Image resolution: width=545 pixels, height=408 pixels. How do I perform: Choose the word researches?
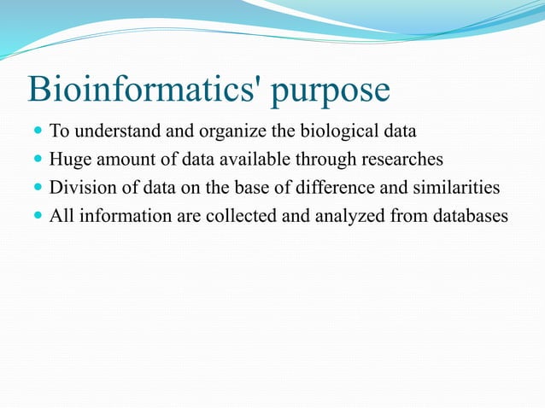[403, 160]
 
